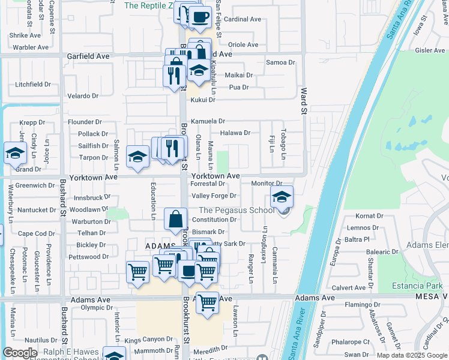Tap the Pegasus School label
pyautogui.click(x=237, y=210)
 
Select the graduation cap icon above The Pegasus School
pyautogui.click(x=282, y=197)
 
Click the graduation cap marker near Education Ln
pyautogui.click(x=137, y=157)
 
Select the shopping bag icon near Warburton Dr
pyautogui.click(x=175, y=220)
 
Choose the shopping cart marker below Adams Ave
pyautogui.click(x=207, y=302)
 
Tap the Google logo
pyautogui.click(x=20, y=352)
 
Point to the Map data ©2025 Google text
pyautogui.click(x=412, y=355)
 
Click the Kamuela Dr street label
pyautogui.click(x=208, y=121)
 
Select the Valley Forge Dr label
pyautogui.click(x=214, y=196)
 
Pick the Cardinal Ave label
pyautogui.click(x=243, y=19)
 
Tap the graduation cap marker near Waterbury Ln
pyautogui.click(x=14, y=153)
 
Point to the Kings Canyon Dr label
pyautogui.click(x=149, y=340)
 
